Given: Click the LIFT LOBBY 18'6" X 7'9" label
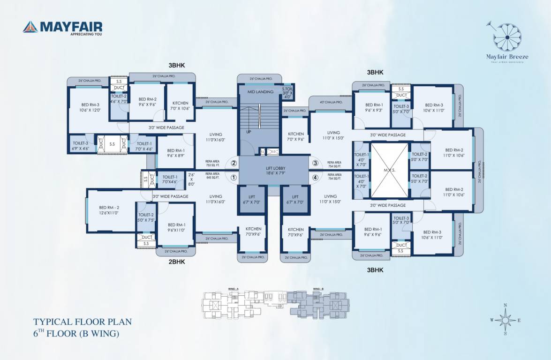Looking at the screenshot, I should click(x=275, y=171).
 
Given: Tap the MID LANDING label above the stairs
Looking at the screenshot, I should click(x=260, y=92).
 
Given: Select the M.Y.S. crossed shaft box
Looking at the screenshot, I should click(x=390, y=170).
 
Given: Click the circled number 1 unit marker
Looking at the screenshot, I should click(x=234, y=177).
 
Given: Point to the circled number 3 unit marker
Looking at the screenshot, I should click(x=315, y=163).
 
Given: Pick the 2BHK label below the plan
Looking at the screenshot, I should click(x=177, y=262).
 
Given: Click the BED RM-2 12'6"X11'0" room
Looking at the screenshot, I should click(x=109, y=210).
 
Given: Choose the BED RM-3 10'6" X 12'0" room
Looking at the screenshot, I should click(x=91, y=107).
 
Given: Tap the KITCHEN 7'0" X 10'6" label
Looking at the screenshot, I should click(x=181, y=105).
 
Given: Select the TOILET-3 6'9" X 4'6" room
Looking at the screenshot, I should click(x=81, y=146).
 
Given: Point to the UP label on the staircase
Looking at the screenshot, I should click(x=249, y=132).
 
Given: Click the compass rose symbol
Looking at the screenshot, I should click(x=505, y=320).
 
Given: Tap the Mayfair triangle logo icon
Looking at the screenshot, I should click(x=30, y=27).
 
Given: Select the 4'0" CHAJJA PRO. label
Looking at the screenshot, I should click(x=331, y=102).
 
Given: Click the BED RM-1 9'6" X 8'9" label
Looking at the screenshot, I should click(x=175, y=153).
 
